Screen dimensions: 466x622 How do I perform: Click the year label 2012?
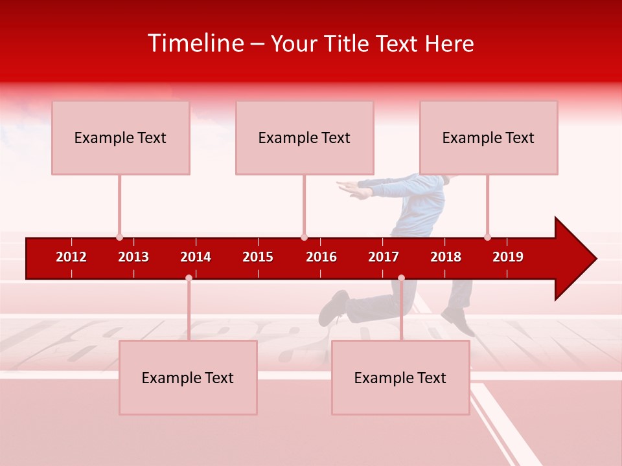[x=71, y=257]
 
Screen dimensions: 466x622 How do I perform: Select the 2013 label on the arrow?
[x=133, y=257]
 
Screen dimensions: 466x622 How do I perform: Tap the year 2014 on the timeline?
[x=196, y=257]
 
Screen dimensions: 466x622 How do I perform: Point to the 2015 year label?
[x=258, y=257]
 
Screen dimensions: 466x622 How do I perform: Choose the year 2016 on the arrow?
[x=321, y=257]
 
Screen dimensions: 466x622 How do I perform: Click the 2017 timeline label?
[x=384, y=257]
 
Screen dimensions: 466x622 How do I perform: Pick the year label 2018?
[x=446, y=257]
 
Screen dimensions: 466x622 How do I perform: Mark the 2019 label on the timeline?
[x=508, y=257]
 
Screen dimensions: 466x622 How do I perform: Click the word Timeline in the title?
[x=195, y=43]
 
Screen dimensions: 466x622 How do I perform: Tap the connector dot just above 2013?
[x=119, y=237]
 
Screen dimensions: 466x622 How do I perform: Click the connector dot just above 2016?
[x=304, y=237]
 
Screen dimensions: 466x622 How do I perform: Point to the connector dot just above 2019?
[x=487, y=237]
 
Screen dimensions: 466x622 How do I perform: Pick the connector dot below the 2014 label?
[x=189, y=278]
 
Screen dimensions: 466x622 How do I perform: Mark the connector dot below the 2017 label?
[x=401, y=278]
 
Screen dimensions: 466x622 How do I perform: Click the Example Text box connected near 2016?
[x=304, y=137]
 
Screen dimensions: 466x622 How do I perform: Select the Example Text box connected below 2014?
[x=188, y=377]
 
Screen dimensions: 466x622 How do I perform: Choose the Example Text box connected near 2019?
[x=488, y=137]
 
